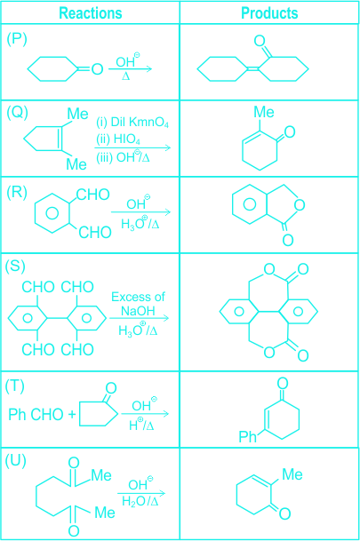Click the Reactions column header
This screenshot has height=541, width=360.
click(x=91, y=13)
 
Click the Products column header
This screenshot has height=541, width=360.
click(x=269, y=13)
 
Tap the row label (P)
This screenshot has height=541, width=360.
click(x=17, y=40)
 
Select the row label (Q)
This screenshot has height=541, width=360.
click(x=17, y=113)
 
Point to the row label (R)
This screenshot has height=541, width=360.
click(x=17, y=192)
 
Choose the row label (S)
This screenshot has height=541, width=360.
click(x=15, y=266)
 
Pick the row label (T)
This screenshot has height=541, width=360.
click(x=15, y=386)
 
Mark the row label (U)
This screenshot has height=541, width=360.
click(x=15, y=461)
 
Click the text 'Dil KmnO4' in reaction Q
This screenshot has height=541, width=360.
click(x=140, y=123)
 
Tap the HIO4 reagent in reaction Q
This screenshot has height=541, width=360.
click(x=127, y=139)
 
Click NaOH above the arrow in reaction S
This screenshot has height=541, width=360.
click(x=138, y=311)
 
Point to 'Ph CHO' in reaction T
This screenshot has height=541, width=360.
click(x=36, y=414)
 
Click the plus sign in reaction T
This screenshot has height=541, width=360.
click(x=72, y=414)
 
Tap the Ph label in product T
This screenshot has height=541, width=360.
click(x=247, y=436)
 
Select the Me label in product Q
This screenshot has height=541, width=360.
click(x=264, y=112)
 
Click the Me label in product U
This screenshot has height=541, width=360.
click(x=292, y=474)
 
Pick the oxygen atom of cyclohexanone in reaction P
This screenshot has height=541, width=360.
click(x=97, y=69)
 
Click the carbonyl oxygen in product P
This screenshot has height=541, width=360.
click(x=260, y=41)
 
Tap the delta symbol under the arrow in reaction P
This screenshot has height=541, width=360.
click(x=125, y=76)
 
